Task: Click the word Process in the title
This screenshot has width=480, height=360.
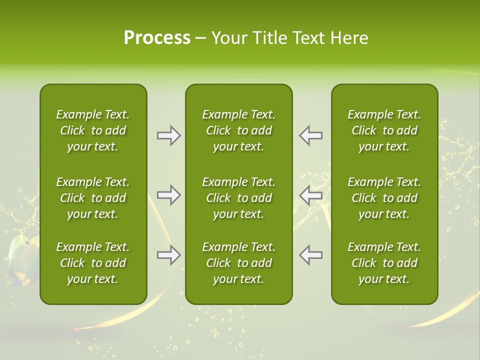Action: click(x=157, y=38)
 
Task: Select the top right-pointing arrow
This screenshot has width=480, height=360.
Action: click(x=168, y=135)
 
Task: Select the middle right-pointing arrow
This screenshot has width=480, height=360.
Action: click(x=168, y=195)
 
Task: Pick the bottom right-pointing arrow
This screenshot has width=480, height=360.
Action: click(x=168, y=255)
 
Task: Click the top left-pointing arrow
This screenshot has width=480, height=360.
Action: click(x=311, y=135)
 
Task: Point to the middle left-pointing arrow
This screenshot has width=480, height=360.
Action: click(x=311, y=195)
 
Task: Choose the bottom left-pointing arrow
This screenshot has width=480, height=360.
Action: click(x=311, y=255)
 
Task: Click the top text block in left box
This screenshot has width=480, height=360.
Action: click(x=93, y=130)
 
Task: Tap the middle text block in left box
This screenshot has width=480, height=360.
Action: click(x=93, y=198)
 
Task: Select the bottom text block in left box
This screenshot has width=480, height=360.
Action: click(x=93, y=263)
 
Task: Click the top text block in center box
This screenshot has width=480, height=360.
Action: click(x=238, y=130)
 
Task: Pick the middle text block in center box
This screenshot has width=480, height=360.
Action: click(x=238, y=198)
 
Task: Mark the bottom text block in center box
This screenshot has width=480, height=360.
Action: click(x=238, y=263)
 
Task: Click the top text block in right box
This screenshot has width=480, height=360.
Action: click(x=384, y=130)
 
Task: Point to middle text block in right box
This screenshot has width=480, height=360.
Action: click(x=384, y=198)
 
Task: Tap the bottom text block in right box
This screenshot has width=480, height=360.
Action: click(x=384, y=263)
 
